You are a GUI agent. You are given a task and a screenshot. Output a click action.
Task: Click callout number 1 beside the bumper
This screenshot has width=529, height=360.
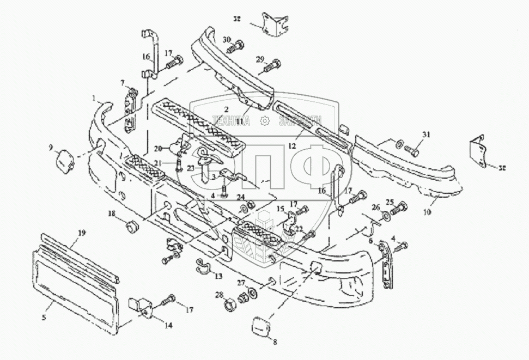[94, 99]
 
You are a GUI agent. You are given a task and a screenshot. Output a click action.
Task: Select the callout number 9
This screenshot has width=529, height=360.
[51, 147]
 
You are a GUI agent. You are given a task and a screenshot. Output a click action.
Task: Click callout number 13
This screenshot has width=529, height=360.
[218, 277]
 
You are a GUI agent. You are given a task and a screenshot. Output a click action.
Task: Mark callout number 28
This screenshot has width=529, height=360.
[220, 295]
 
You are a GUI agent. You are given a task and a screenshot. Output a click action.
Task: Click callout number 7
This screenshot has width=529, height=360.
[123, 82]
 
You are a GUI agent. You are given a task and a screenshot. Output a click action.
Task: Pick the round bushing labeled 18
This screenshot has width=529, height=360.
[131, 225]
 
